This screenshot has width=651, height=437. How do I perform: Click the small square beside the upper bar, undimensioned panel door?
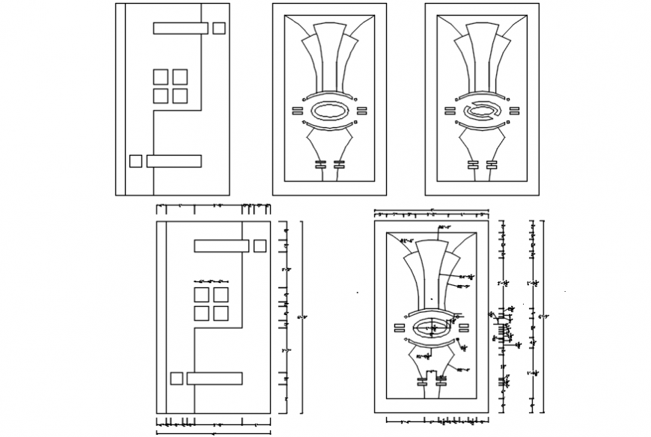219,28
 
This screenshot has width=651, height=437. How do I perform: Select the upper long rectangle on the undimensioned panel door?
180,28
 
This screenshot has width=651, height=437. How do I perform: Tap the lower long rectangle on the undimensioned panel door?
174,161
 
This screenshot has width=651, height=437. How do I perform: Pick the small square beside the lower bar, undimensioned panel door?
135,161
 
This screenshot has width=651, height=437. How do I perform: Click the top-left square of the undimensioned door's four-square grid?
161,76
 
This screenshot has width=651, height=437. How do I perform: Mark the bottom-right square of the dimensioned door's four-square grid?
220,313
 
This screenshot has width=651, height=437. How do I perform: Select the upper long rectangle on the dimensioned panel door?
221,245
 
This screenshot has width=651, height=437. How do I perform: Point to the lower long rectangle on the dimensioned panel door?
214,378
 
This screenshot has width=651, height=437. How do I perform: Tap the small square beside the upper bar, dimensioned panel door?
260,245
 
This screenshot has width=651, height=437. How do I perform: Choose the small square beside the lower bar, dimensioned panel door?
177,378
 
